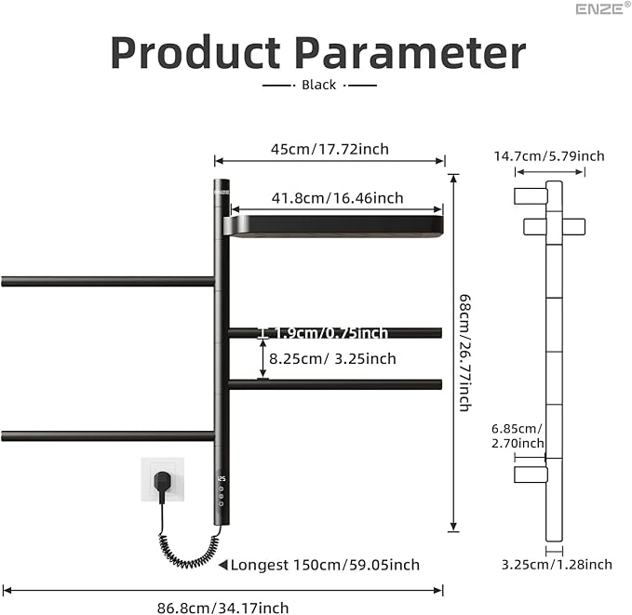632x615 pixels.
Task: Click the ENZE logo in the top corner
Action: click(x=600, y=9)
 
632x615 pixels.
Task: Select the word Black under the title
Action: click(x=319, y=85)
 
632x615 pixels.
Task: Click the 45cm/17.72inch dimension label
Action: click(x=329, y=149)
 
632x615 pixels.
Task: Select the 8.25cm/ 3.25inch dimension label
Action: click(x=332, y=358)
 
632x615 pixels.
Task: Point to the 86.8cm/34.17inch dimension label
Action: click(x=224, y=608)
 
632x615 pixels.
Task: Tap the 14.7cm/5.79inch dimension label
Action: click(x=549, y=155)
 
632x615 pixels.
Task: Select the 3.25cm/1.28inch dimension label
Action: click(x=557, y=565)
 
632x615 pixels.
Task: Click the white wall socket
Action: click(x=159, y=478)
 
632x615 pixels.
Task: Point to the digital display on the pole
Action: click(x=221, y=479)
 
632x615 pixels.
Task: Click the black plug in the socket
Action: click(x=162, y=481)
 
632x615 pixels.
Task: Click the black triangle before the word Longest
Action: click(x=222, y=565)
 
